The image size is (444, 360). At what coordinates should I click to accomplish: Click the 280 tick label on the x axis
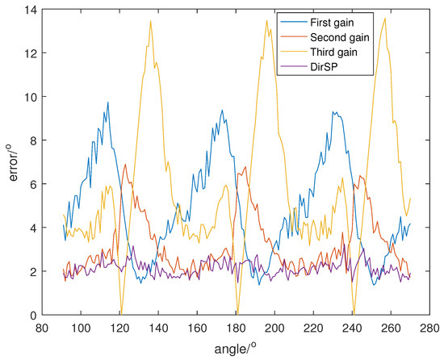(x=431, y=329)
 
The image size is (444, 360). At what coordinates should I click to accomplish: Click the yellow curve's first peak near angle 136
(x=150, y=21)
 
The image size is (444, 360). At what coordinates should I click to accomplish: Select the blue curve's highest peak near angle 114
(x=107, y=103)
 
